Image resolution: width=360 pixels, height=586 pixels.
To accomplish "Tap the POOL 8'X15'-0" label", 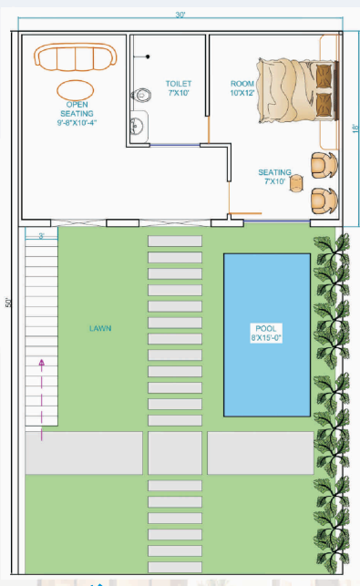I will (267, 333).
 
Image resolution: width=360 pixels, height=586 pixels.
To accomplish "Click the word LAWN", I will (100, 327).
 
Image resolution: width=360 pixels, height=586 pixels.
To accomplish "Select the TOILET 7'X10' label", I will (178, 87).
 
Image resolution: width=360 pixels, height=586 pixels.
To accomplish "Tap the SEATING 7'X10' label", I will (274, 177).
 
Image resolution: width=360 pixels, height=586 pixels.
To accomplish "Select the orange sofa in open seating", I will (76, 57).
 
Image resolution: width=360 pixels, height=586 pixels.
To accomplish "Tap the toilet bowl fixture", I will (139, 94).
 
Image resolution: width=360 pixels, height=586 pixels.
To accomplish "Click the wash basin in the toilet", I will (138, 125).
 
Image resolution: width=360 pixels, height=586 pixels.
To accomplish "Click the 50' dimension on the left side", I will (8, 303).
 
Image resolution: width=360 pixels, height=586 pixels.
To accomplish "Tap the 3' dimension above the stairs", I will (41, 236).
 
